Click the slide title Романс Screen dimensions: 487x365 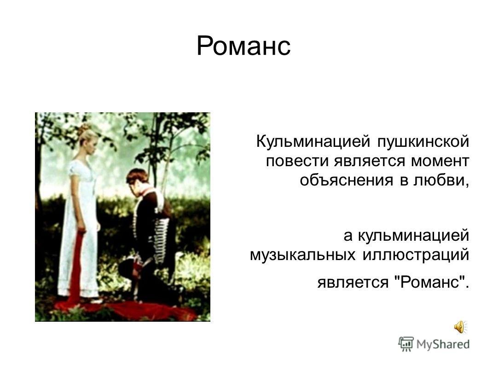pyautogui.click(x=243, y=46)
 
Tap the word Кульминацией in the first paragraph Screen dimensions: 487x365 pyautogui.click(x=313, y=142)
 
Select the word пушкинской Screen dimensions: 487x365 pyautogui.click(x=423, y=142)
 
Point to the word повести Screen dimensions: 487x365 pyautogui.click(x=297, y=162)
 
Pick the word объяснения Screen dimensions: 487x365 pyautogui.click(x=346, y=180)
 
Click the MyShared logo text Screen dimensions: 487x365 pyautogui.click(x=443, y=344)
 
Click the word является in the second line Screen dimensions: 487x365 pyautogui.click(x=370, y=162)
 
